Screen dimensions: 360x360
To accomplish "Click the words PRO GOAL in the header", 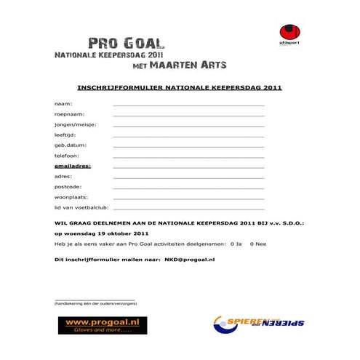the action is (x=127, y=44).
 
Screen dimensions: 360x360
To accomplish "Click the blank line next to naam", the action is (x=188, y=105).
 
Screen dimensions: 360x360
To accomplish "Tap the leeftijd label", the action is (x=65, y=135).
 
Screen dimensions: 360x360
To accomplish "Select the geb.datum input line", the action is (x=188, y=146).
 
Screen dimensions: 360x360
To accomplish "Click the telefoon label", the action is (x=66, y=156).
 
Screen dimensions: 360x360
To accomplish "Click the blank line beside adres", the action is (x=188, y=177).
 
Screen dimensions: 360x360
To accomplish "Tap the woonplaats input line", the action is (x=188, y=198).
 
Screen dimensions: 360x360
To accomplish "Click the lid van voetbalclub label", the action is (x=81, y=207).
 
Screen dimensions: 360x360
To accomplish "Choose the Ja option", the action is (x=235, y=244).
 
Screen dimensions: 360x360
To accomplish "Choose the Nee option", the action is (x=257, y=244).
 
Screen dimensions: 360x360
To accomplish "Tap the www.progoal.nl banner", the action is (x=103, y=324).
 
